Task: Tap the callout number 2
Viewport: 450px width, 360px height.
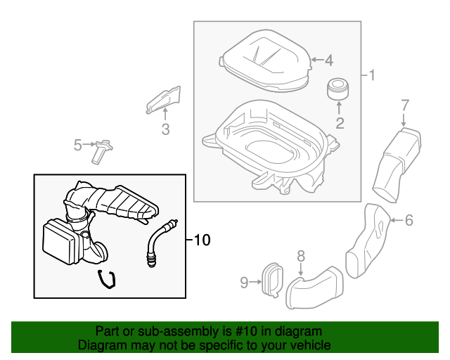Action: pyautogui.click(x=339, y=124)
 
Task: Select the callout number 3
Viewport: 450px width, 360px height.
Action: pyautogui.click(x=166, y=129)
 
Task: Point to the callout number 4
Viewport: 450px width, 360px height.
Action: pyautogui.click(x=328, y=60)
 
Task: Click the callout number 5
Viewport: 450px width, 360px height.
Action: pyautogui.click(x=78, y=145)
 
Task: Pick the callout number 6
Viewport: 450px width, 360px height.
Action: pyautogui.click(x=409, y=220)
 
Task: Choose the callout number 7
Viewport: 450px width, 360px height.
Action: pyautogui.click(x=405, y=105)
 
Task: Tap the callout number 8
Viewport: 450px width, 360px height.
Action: pyautogui.click(x=300, y=255)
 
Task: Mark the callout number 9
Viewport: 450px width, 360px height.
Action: pyautogui.click(x=245, y=282)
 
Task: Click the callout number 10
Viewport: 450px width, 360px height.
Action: pyautogui.click(x=201, y=240)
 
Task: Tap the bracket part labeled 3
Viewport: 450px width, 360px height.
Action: pyautogui.click(x=164, y=101)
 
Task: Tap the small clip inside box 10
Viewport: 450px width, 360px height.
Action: pyautogui.click(x=106, y=279)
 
